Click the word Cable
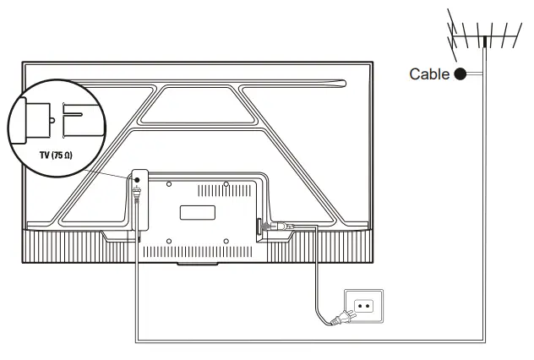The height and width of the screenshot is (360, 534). click(x=430, y=74)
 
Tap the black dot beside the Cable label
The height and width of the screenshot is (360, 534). click(x=460, y=74)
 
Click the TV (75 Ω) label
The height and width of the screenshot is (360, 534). click(x=42, y=156)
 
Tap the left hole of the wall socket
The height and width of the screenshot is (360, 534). click(x=359, y=304)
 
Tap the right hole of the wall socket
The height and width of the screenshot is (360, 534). click(x=368, y=304)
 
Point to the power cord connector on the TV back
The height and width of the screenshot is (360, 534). click(x=279, y=226)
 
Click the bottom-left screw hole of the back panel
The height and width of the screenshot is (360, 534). click(x=169, y=241)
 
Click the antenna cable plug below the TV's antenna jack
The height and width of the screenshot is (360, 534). click(x=136, y=199)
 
